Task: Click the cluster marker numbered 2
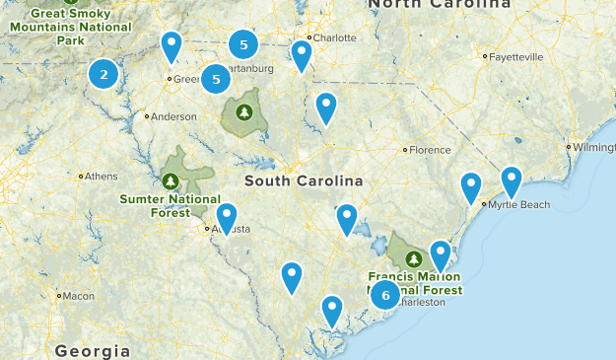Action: click(103, 73)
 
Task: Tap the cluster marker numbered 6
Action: click(385, 295)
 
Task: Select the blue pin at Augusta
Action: click(227, 218)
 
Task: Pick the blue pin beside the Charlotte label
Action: click(302, 55)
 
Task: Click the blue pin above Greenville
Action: click(171, 45)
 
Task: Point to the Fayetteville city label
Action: click(515, 57)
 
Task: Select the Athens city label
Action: click(101, 177)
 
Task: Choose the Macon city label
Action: click(79, 295)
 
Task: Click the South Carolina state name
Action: click(304, 181)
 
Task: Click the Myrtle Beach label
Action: click(519, 205)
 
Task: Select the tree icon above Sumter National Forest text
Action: click(171, 180)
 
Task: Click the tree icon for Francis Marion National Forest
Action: click(414, 258)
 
